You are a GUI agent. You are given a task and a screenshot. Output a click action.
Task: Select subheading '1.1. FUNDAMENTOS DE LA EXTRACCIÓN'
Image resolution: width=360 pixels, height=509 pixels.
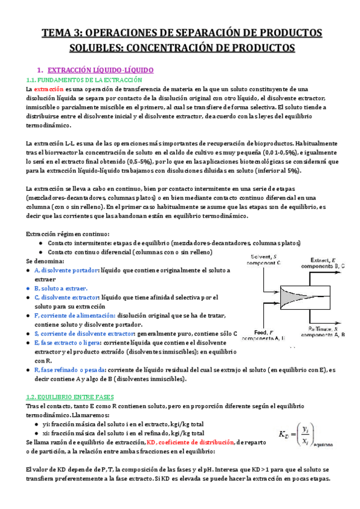coord(83,80)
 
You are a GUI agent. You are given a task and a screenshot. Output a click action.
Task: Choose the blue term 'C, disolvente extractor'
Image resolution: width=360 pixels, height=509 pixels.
coord(66,298)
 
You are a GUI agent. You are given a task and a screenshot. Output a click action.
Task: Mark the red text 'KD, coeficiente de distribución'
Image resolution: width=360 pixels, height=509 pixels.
coord(191,442)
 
